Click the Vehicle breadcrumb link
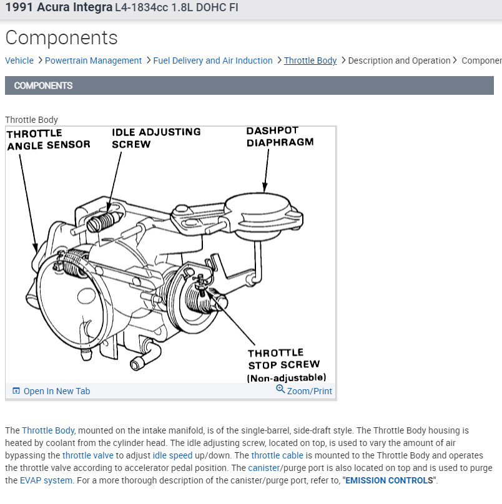(x=19, y=61)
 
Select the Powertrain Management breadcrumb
(x=93, y=61)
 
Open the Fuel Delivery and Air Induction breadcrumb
(x=213, y=61)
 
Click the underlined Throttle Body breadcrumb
(x=310, y=61)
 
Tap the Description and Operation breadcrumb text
(x=399, y=61)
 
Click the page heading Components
(x=61, y=37)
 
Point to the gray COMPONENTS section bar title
(x=43, y=85)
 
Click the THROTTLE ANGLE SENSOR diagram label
(x=47, y=139)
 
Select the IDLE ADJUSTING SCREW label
(x=156, y=138)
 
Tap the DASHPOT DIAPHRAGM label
(x=279, y=137)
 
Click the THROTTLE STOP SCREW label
(x=283, y=359)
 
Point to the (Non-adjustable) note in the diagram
(x=287, y=377)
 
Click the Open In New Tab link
(x=56, y=391)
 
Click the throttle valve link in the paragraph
(x=88, y=455)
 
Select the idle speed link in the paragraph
(x=172, y=455)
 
